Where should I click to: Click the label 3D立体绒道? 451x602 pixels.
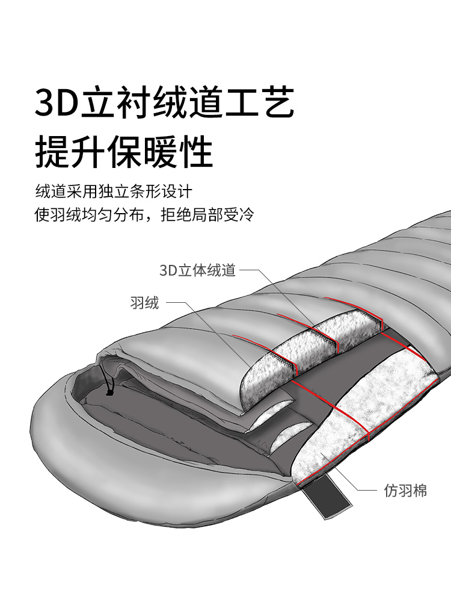[x=197, y=270]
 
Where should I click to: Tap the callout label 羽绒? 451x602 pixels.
[x=144, y=302]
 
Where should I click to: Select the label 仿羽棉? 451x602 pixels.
[x=405, y=491]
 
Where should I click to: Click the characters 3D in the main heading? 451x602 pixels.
[x=58, y=104]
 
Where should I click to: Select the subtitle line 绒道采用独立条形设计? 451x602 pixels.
[x=114, y=192]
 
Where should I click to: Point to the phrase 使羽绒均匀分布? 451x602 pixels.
[x=90, y=215]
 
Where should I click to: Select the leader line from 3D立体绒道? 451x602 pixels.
[x=283, y=295]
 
